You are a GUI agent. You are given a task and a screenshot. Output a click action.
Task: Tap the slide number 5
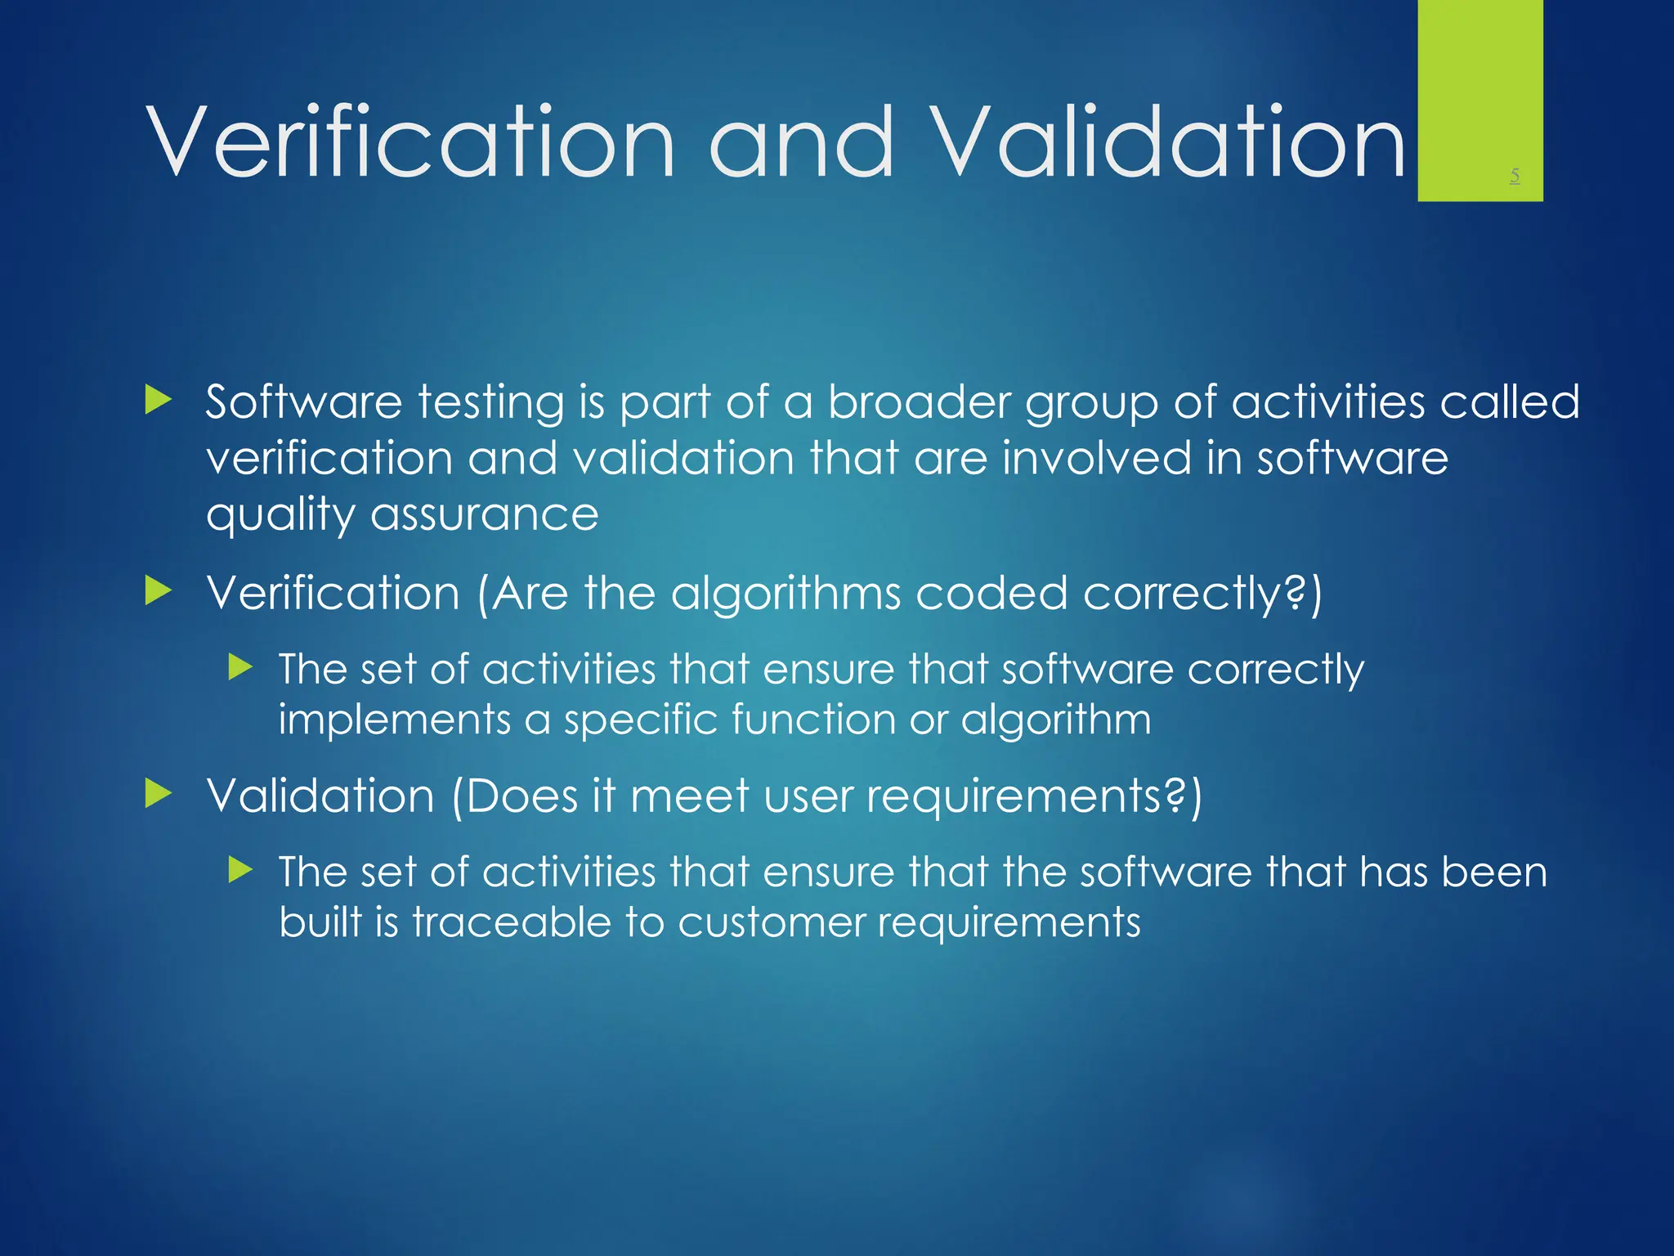coord(1515,175)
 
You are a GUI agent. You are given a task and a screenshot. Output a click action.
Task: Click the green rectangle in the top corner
coord(1479,90)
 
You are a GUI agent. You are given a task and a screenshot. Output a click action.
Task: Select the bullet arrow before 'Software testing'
coord(158,401)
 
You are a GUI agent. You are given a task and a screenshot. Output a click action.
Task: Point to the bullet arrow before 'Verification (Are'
coord(158,591)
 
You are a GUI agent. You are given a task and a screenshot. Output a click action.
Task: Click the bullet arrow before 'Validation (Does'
coord(158,793)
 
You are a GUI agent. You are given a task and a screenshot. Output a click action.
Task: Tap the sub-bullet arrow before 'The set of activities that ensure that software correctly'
coord(240,667)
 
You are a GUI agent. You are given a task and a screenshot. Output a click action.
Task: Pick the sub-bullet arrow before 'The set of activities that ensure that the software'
coord(240,869)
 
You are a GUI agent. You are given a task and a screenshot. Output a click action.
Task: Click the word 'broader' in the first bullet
coord(919,402)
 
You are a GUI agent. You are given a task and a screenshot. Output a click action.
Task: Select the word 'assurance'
coord(485,515)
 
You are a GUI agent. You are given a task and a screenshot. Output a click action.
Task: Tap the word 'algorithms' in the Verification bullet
coord(786,594)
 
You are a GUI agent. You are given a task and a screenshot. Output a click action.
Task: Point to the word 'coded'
coord(991,594)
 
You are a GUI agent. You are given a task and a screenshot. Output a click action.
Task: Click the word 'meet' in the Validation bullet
coord(689,796)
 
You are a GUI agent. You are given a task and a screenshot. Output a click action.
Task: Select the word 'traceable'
coord(511,922)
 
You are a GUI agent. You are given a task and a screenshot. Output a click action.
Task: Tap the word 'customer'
coord(770,922)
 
